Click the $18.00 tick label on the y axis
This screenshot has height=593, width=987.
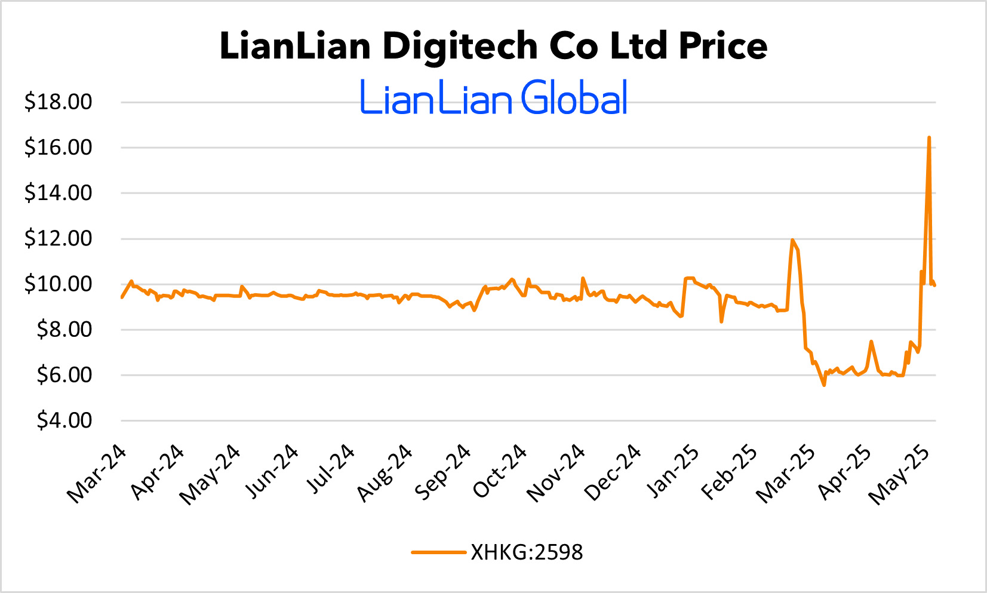[58, 102]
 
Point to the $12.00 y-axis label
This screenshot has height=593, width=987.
[58, 239]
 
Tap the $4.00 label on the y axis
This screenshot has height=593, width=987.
[64, 421]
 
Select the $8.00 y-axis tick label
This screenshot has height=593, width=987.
[64, 330]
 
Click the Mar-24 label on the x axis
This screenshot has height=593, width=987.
[97, 474]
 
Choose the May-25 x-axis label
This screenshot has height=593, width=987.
[899, 475]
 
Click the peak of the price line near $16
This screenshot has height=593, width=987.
[929, 138]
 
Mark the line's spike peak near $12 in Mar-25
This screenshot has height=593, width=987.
[792, 240]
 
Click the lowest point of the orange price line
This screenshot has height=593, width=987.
[824, 385]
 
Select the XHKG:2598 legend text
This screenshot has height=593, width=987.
[527, 552]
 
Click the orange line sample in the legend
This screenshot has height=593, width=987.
[438, 552]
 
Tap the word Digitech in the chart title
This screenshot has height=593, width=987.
[460, 46]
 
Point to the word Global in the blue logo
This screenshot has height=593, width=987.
[574, 98]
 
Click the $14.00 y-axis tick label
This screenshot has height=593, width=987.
[58, 193]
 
